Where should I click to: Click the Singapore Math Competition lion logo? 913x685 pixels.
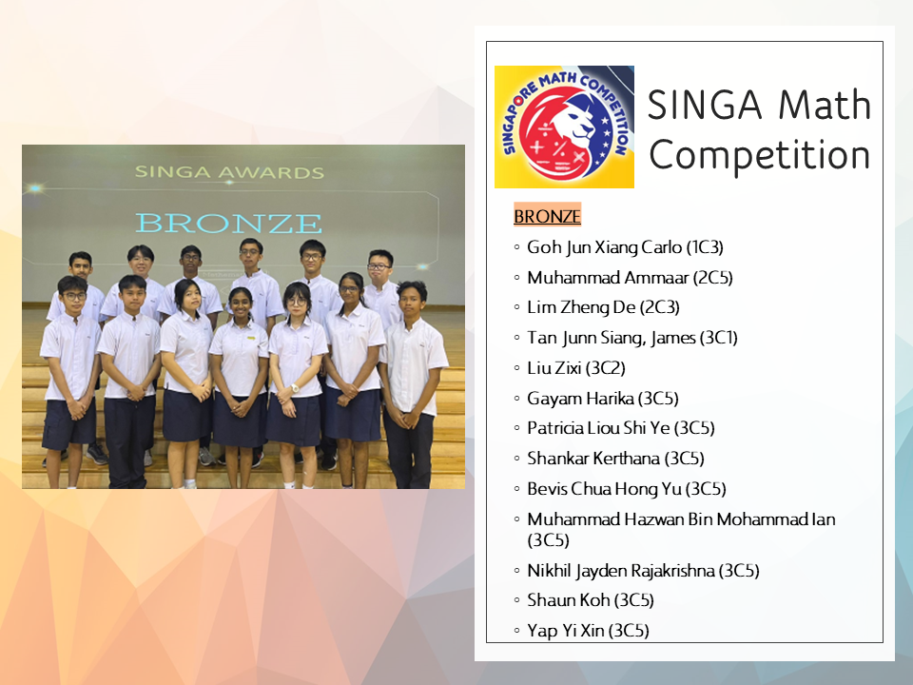[564, 127]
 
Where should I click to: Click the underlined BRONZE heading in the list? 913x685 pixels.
[547, 217]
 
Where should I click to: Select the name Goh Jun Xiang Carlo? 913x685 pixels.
[605, 247]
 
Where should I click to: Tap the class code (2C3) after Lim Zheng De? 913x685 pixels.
[660, 307]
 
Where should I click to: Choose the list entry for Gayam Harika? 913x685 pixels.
[603, 399]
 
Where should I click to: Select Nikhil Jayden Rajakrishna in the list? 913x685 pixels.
[621, 571]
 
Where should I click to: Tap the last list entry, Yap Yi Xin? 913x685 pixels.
[588, 630]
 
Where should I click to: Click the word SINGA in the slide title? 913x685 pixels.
[705, 105]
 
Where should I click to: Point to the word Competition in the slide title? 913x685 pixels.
[760, 155]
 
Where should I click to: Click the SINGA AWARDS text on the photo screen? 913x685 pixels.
[229, 172]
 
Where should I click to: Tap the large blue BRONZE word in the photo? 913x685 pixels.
[228, 223]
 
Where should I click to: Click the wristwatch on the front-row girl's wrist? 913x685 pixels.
[295, 388]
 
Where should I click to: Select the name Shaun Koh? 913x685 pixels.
[569, 600]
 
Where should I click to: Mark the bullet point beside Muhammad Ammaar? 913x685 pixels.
[516, 278]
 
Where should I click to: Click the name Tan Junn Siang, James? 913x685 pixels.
[612, 338]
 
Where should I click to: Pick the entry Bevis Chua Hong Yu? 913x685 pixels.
[605, 489]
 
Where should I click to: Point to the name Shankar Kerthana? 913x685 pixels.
[593, 459]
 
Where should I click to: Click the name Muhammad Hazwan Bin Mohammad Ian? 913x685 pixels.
[681, 519]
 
